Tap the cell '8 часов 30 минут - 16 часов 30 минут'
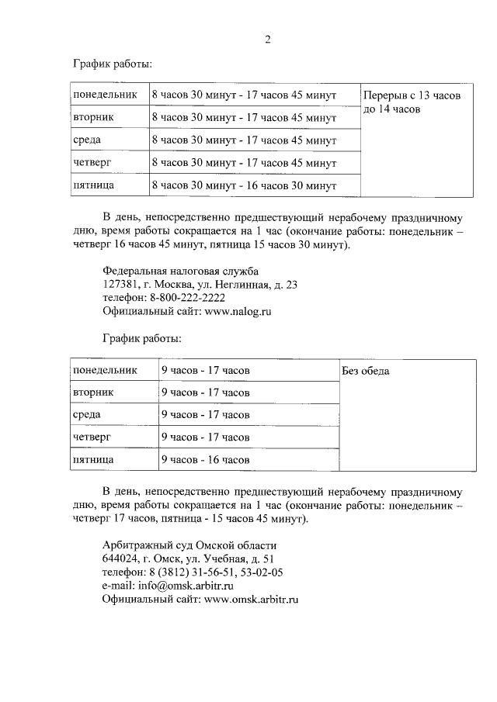[244, 186]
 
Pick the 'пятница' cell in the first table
[94, 186]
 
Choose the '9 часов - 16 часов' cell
[205, 460]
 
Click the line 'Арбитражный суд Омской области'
[189, 545]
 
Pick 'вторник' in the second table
[93, 392]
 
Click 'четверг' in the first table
[93, 164]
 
